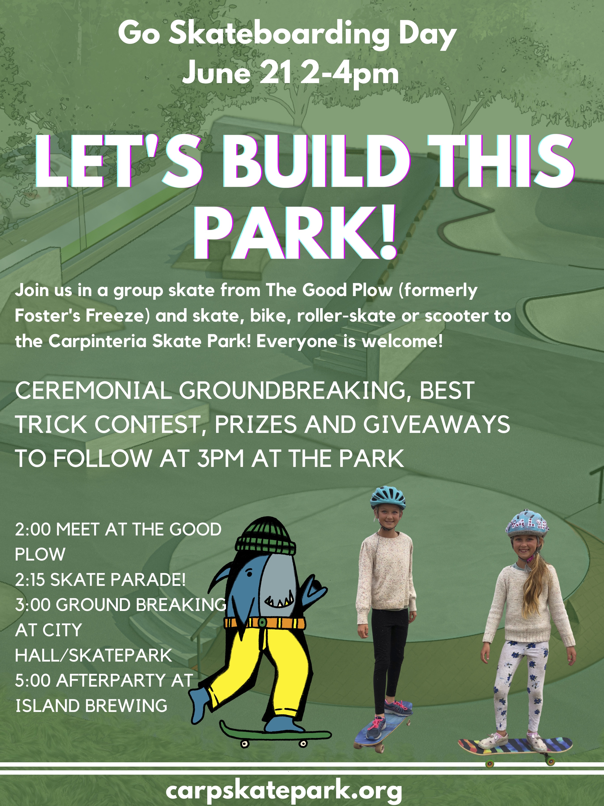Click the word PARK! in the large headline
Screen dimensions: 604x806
pos(297,232)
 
